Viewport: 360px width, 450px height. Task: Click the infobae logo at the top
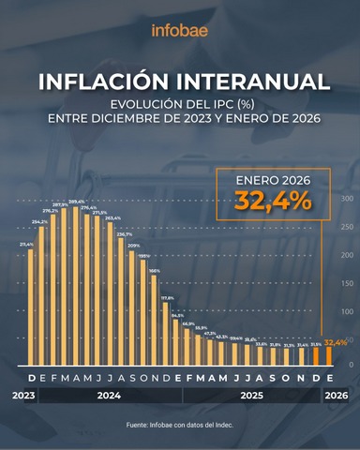[x=180, y=29]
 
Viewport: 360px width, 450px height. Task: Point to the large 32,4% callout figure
[x=273, y=202]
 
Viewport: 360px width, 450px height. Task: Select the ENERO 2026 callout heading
[x=273, y=179]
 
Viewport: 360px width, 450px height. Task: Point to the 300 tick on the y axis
[x=346, y=199]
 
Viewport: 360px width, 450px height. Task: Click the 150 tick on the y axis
[x=346, y=283]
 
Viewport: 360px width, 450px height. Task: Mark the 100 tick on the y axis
[x=346, y=311]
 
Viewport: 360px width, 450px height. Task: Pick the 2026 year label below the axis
[x=337, y=397]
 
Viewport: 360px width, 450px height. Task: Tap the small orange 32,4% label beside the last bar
[x=337, y=343]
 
